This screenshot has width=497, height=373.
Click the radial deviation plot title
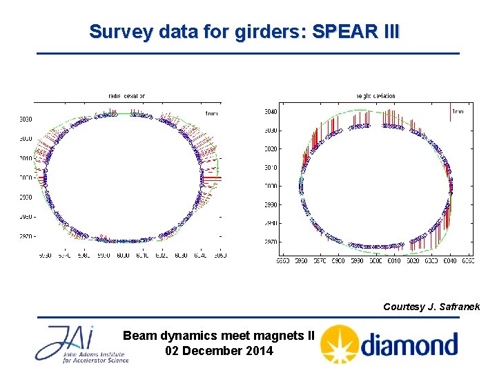126,96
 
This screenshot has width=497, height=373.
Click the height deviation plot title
376,96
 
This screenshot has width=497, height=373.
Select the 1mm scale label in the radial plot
213,112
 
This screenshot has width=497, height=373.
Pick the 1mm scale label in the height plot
457,111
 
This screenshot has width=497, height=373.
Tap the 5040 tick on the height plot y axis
271,112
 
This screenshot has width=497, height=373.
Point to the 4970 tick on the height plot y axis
271,242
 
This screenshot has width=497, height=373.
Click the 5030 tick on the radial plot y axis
25,119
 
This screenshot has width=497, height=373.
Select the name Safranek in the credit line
458,307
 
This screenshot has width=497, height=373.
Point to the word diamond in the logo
409,344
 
